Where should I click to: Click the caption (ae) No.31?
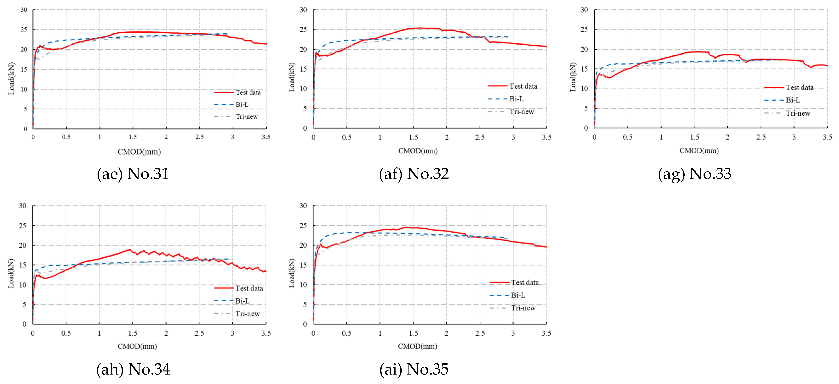coord(133,174)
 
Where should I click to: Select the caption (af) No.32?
coord(414,174)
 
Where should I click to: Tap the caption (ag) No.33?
coord(695,174)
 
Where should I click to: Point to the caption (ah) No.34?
coord(133,369)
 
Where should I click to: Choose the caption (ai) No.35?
coord(414,369)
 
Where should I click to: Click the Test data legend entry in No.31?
coord(237,93)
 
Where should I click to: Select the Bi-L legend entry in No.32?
coord(506,99)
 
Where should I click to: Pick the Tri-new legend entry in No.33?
coord(787,113)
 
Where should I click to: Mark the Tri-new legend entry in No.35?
coord(512,308)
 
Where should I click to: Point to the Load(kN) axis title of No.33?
coord(573,77)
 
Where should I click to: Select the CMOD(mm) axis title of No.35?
coord(418,346)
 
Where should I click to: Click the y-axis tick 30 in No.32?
coord(303,10)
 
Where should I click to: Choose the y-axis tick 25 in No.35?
coord(303,226)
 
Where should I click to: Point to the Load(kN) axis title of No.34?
coord(11,273)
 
